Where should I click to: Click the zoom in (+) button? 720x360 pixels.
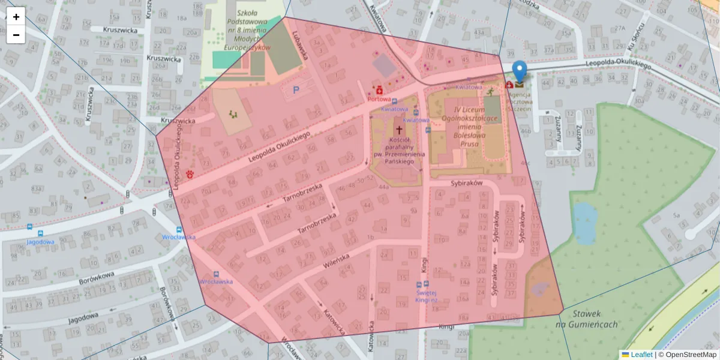(16, 17)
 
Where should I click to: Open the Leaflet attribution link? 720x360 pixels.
(641, 355)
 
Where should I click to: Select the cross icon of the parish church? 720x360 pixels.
(398, 130)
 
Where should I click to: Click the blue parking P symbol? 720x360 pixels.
(296, 90)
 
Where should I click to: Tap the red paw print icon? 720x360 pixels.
(190, 175)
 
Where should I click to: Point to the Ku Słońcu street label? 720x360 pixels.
(638, 40)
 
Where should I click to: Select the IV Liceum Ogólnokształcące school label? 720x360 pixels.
(474, 127)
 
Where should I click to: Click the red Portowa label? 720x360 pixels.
(379, 99)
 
